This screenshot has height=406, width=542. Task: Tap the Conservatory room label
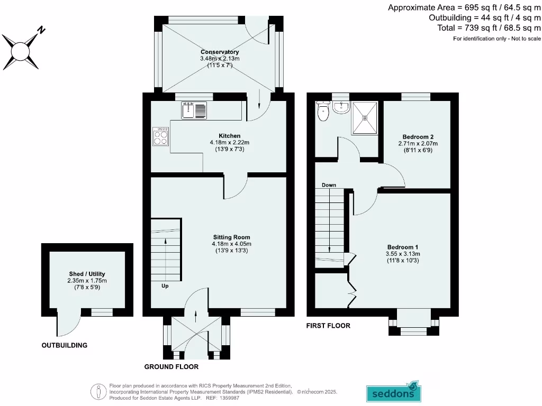220,52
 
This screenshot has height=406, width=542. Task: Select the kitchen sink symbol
194,110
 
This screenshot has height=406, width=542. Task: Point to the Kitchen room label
229,136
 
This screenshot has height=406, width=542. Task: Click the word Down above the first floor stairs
329,185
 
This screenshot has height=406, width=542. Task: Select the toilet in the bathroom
322,111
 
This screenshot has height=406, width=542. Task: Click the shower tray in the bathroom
365,117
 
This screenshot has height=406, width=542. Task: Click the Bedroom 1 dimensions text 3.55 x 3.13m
403,254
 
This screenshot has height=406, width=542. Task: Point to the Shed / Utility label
87,274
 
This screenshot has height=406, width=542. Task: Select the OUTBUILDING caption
64,345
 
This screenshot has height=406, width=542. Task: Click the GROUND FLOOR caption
171,366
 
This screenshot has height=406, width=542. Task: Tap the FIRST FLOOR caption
328,326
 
